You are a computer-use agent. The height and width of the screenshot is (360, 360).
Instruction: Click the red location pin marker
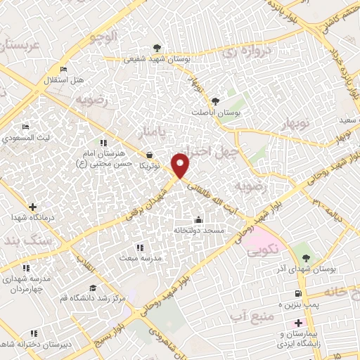tap(181, 165)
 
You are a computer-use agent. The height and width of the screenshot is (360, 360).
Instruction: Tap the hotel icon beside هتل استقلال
tap(63, 70)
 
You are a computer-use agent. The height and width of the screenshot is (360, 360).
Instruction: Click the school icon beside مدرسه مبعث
tap(139, 247)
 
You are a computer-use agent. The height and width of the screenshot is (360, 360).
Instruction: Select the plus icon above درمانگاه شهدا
tap(31, 207)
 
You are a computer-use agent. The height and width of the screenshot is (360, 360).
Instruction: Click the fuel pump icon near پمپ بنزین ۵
tap(298, 294)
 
